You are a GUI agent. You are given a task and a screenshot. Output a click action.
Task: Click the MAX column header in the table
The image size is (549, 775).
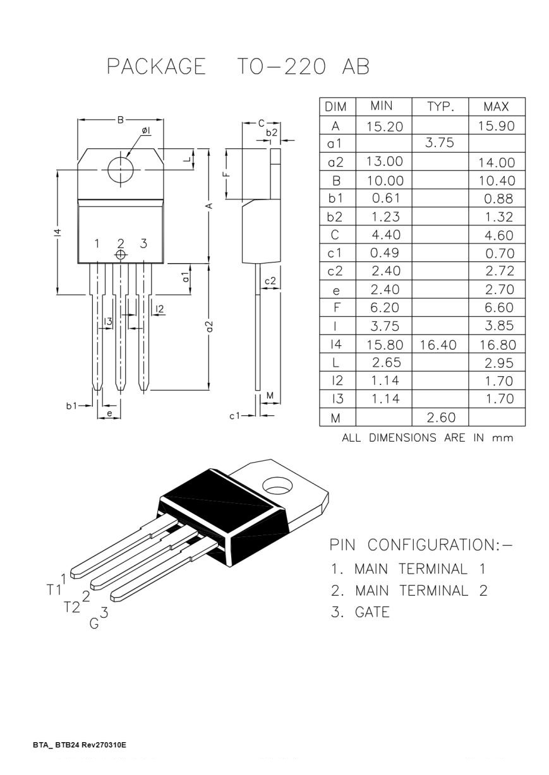[496, 107]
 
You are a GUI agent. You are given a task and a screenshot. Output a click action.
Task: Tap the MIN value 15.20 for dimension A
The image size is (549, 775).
[384, 126]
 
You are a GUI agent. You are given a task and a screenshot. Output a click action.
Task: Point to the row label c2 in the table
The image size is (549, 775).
[336, 271]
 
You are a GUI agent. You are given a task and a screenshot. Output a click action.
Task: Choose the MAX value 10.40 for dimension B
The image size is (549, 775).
[496, 180]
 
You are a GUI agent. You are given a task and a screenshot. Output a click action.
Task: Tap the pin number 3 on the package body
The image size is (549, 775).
[143, 244]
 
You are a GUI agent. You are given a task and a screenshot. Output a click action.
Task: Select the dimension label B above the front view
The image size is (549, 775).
[121, 119]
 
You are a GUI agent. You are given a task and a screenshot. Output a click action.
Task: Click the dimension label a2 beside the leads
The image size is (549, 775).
[210, 326]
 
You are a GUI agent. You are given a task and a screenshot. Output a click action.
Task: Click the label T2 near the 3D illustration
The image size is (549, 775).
[72, 606]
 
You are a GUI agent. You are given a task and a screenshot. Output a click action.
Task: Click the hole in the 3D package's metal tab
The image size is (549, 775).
[275, 487]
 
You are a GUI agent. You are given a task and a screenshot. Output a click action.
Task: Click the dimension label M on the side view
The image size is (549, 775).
[270, 396]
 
